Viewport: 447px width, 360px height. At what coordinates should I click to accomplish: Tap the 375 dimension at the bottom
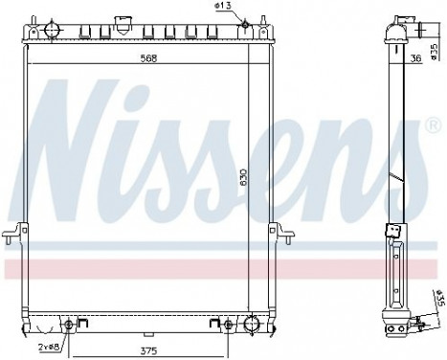point(148,349)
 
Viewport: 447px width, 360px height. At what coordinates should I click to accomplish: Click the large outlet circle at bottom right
point(251,323)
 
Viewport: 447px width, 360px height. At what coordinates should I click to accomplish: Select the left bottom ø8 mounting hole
point(67,324)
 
